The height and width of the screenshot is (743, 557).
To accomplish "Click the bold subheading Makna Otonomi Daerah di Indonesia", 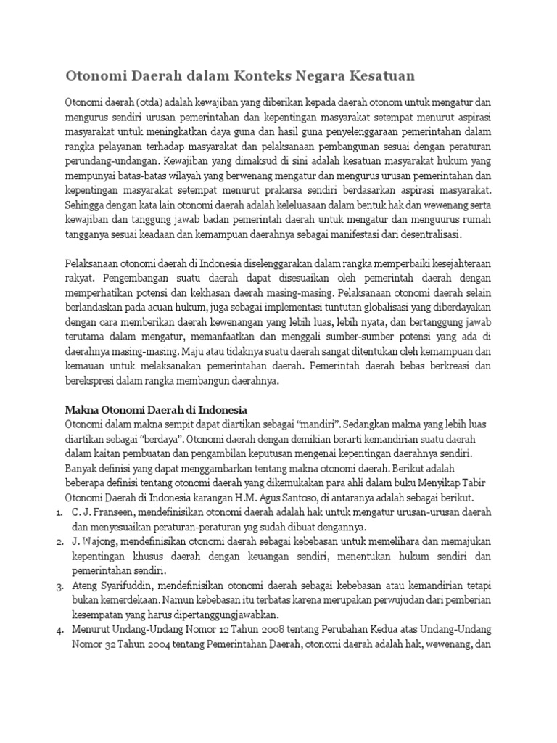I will (157, 409).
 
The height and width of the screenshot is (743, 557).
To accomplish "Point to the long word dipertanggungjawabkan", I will (221, 614).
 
